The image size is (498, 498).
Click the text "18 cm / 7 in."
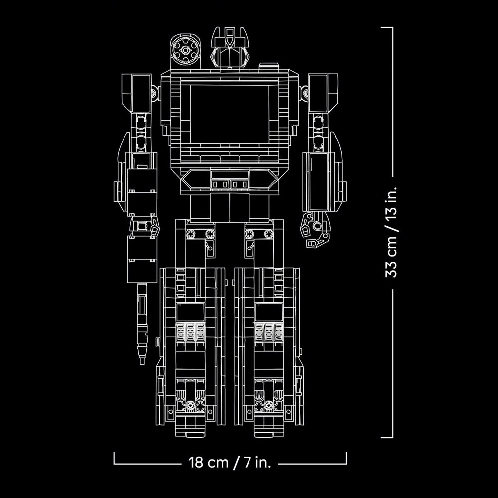pos(230,463)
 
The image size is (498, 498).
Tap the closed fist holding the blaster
pos(144,227)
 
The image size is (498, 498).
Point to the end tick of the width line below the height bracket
pos(346,458)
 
